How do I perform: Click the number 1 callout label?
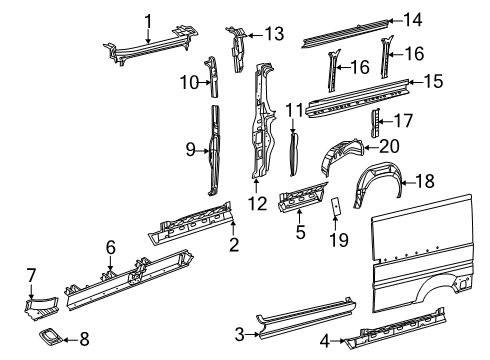pyautogui.click(x=148, y=20)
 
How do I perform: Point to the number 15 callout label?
pyautogui.click(x=433, y=80)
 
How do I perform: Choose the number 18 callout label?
pyautogui.click(x=425, y=181)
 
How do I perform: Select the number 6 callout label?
pyautogui.click(x=111, y=245)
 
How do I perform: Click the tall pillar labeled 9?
pyautogui.click(x=214, y=150)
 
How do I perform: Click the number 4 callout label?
pyautogui.click(x=324, y=340)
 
